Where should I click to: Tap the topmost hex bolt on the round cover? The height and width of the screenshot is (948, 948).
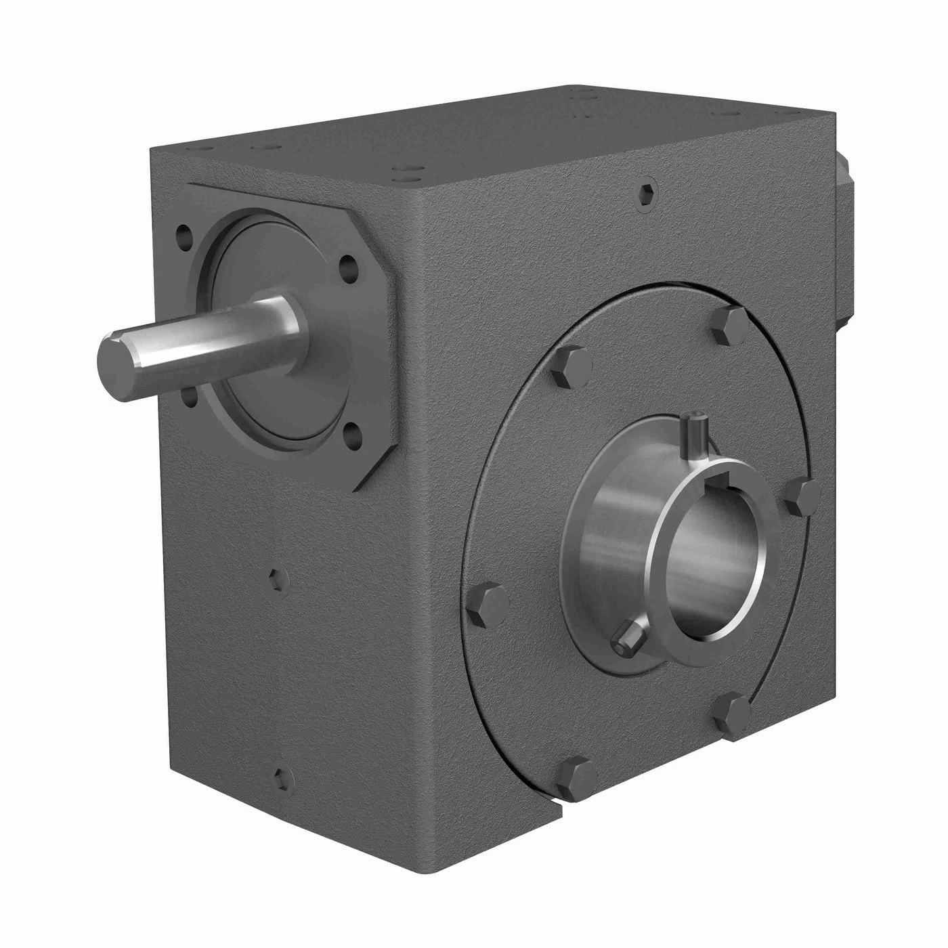pos(731,324)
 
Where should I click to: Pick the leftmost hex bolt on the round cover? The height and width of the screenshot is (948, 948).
pos(488,602)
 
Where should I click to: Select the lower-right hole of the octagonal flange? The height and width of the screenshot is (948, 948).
pos(351,431)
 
